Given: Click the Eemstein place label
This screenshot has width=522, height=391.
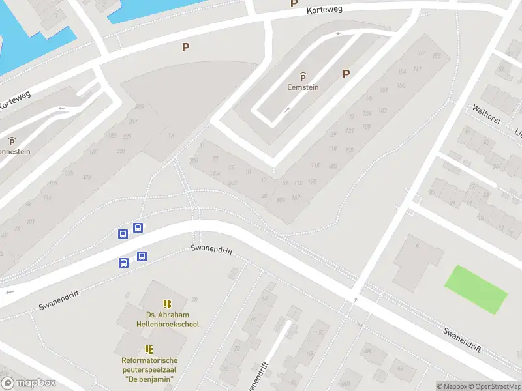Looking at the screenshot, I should [x=303, y=87].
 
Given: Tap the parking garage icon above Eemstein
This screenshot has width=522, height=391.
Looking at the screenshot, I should [x=303, y=77].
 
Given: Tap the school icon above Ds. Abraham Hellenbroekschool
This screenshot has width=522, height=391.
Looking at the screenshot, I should [x=168, y=304].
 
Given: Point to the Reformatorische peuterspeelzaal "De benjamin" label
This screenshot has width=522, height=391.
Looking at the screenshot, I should [x=149, y=369].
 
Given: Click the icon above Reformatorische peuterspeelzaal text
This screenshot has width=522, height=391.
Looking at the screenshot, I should [x=149, y=349].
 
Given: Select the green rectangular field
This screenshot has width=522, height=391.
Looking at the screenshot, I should [x=476, y=289].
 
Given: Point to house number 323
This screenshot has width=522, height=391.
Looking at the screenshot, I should [x=87, y=177].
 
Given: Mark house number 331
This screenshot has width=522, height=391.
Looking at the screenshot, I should [x=121, y=151].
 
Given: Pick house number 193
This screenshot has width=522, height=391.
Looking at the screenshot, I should [x=437, y=57].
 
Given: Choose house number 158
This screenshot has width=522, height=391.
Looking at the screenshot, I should [x=401, y=85].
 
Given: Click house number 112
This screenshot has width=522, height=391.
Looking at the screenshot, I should [x=298, y=182].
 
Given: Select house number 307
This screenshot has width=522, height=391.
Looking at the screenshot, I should [x=232, y=182].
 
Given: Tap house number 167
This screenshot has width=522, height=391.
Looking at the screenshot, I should [x=296, y=198].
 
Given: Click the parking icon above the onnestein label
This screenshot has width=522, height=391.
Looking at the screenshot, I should [x=12, y=141].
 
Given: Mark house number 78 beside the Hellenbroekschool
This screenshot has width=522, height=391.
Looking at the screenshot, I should [x=194, y=300].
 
